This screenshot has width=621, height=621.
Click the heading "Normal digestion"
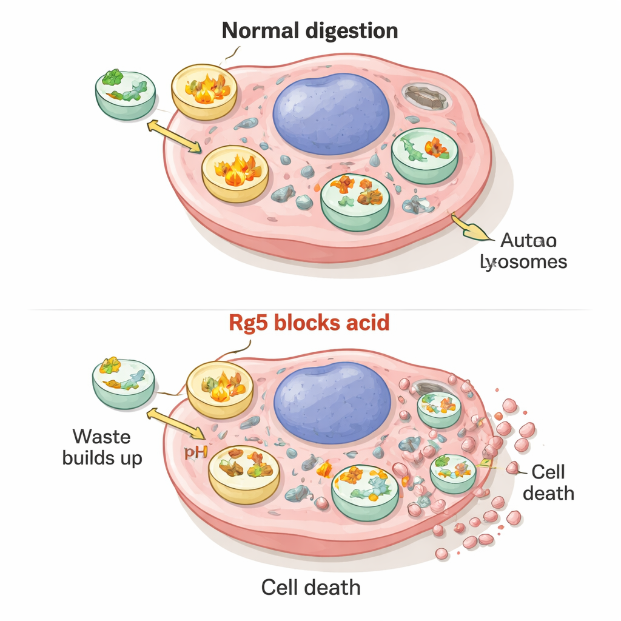click(x=310, y=30)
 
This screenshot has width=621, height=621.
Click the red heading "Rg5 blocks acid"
click(x=309, y=323)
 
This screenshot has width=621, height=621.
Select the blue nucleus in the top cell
click(x=331, y=113)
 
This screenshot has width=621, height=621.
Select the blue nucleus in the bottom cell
click(x=332, y=402)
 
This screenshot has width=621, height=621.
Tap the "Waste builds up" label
click(x=102, y=446)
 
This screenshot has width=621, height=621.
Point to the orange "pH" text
click(x=192, y=452)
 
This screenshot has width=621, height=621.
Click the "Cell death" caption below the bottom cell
click(x=310, y=587)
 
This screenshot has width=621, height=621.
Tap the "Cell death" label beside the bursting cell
click(x=548, y=482)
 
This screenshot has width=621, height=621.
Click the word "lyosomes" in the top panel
click(x=523, y=262)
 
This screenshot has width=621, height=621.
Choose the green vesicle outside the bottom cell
click(x=123, y=383)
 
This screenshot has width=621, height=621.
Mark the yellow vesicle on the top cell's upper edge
click(x=204, y=91)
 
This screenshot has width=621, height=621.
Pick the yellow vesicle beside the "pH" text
click(x=244, y=474)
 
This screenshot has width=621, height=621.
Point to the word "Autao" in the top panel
click(x=528, y=241)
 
